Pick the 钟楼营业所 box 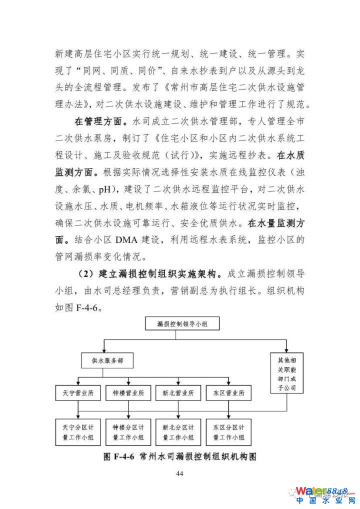coord(128,393)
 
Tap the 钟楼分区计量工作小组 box coord(128,432)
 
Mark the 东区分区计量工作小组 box coord(228,432)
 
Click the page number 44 coord(180,474)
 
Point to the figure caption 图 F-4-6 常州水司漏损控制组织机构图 coord(180,456)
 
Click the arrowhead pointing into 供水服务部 coord(104,350)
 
